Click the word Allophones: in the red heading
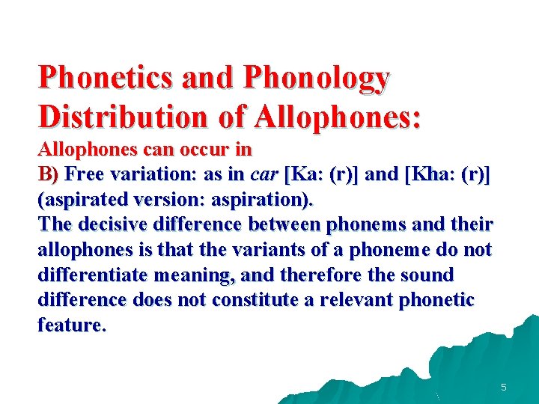click(x=338, y=117)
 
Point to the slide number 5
click(x=504, y=388)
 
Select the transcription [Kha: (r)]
click(x=447, y=175)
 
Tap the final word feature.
click(x=71, y=325)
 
